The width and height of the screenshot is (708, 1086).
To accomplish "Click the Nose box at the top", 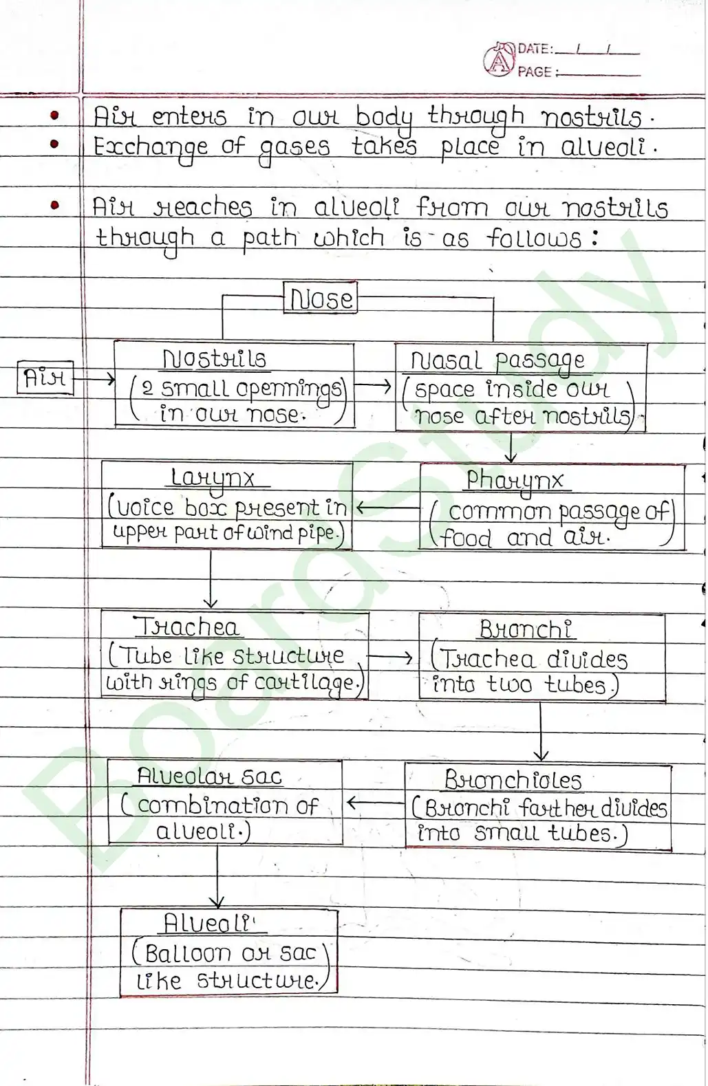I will [x=321, y=298].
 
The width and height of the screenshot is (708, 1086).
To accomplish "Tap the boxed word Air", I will [x=45, y=378].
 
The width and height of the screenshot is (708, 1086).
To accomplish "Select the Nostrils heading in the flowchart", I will [x=214, y=359].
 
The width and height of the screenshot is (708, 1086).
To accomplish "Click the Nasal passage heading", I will [x=497, y=360].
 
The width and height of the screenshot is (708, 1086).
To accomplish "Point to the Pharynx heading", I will [x=515, y=480].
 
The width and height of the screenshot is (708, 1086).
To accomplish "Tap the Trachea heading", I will [x=186, y=627].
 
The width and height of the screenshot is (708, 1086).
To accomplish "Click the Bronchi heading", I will [x=526, y=629].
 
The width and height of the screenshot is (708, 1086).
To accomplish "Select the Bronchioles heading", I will [x=513, y=780].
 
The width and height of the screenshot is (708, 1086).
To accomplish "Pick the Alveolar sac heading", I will [x=209, y=777].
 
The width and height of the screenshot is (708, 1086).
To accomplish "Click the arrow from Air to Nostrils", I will [x=94, y=378].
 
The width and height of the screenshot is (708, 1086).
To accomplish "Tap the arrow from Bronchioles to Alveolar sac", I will [x=375, y=803].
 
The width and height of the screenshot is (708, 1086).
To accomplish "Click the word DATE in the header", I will [x=534, y=49].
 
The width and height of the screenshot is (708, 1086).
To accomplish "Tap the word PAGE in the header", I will [x=535, y=72].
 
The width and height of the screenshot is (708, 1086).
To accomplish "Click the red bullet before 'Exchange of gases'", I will [x=55, y=144].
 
